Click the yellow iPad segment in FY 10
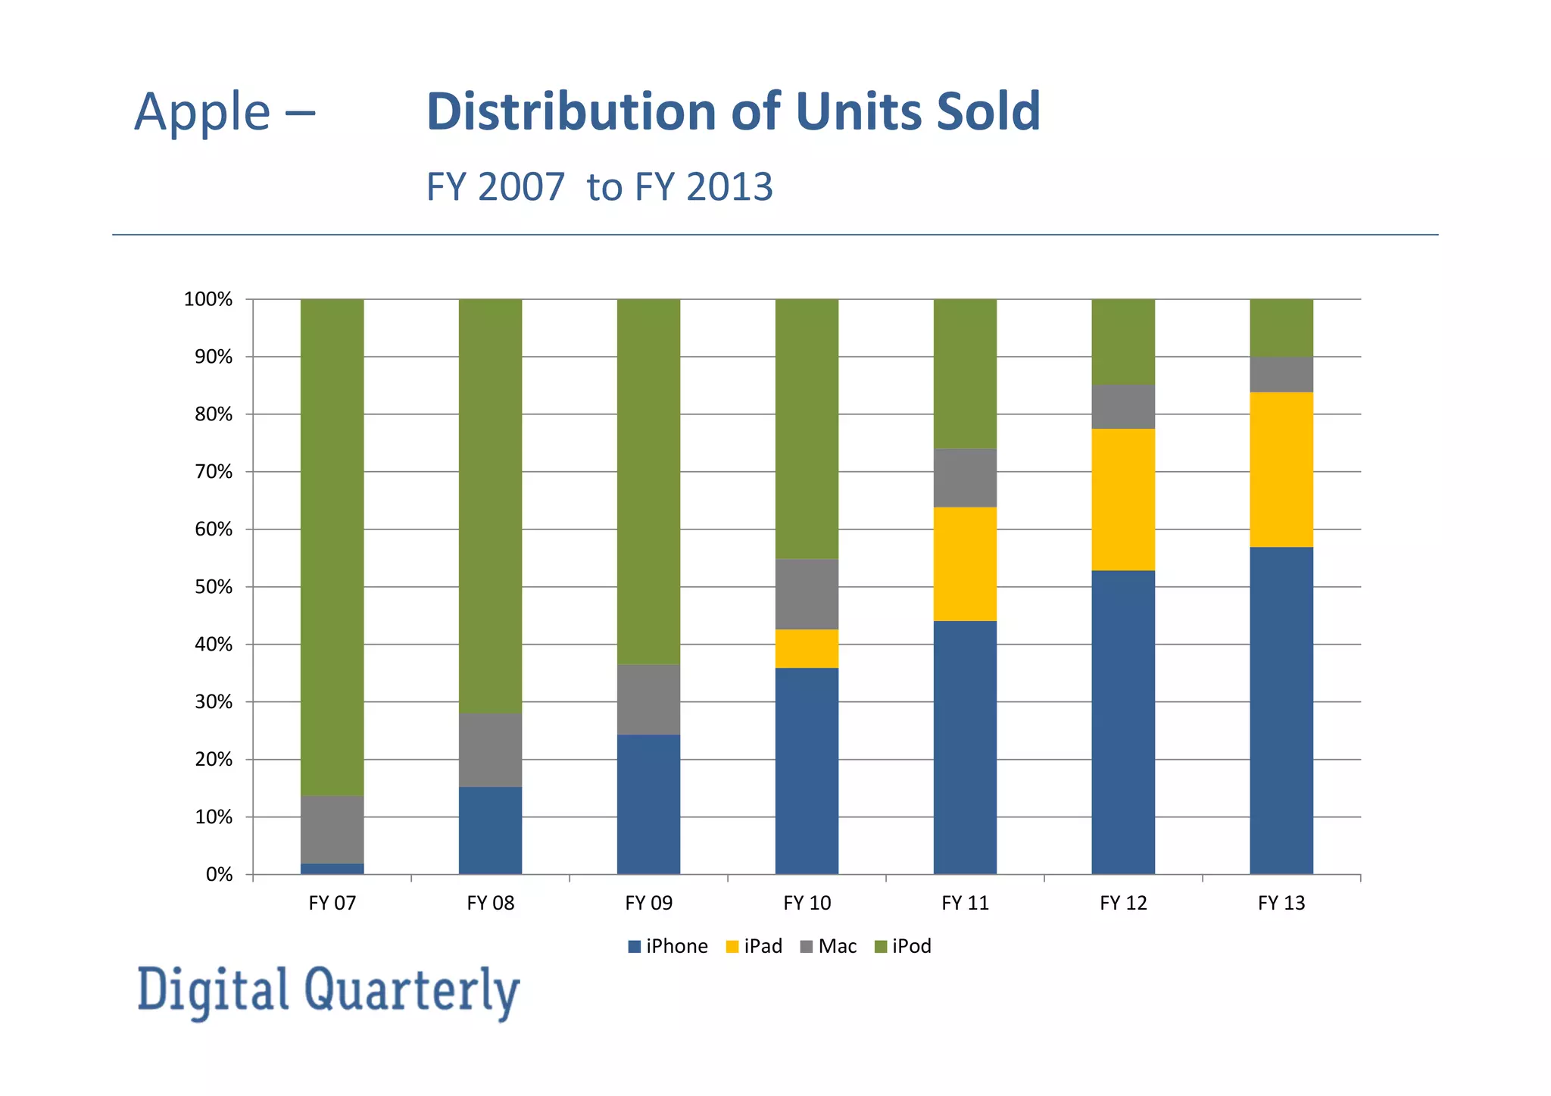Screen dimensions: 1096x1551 pyautogui.click(x=807, y=648)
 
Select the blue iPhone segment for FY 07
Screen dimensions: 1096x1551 pyautogui.click(x=332, y=869)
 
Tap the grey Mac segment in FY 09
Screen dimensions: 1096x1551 pyautogui.click(x=648, y=699)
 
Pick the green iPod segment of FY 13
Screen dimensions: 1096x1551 pyautogui.click(x=1281, y=327)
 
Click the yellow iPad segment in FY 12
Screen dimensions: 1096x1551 pyautogui.click(x=1123, y=499)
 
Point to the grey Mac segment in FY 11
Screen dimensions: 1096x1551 pyautogui.click(x=965, y=477)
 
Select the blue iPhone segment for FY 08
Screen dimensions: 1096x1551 pyautogui.click(x=490, y=830)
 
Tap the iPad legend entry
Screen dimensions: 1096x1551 pyautogui.click(x=754, y=946)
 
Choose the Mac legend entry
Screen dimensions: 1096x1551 pyautogui.click(x=829, y=946)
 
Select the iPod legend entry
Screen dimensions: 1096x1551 pyautogui.click(x=903, y=946)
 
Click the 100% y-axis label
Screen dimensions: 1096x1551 pyautogui.click(x=208, y=299)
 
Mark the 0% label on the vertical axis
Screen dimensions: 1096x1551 pyautogui.click(x=219, y=875)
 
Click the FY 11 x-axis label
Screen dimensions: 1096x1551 pyautogui.click(x=965, y=903)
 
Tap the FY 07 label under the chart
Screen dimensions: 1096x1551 pyautogui.click(x=332, y=903)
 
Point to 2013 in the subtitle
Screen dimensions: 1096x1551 pyautogui.click(x=729, y=186)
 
